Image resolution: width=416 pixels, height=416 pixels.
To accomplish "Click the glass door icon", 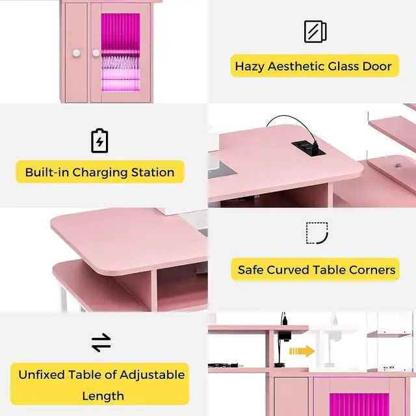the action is point(315,31).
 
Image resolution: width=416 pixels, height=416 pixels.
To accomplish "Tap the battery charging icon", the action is point(99,140).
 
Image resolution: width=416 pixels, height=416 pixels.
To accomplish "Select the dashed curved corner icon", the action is point(317,233).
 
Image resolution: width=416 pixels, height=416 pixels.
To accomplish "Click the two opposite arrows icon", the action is point(101,343).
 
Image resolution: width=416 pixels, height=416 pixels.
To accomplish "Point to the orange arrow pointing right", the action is point(302,351).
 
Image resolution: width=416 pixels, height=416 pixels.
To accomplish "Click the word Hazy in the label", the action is point(249,66).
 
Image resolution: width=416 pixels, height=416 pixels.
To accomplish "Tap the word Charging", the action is point(100,173).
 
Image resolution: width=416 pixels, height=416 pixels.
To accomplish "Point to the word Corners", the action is point(372,270).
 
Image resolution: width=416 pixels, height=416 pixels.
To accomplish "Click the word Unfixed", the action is point(42,375).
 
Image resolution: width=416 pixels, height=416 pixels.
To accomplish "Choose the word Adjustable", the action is point(152,376).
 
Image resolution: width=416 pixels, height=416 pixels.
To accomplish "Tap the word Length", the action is point(103,396).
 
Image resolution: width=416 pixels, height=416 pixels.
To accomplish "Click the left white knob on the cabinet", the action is point(77,53).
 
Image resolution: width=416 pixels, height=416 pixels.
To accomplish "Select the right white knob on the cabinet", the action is point(96,53).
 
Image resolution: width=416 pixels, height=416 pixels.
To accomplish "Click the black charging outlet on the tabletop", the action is point(309,148).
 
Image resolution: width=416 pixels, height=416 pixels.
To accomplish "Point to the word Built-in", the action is point(47,172).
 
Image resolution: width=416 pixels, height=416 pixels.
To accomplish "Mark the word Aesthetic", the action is point(296,66).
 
